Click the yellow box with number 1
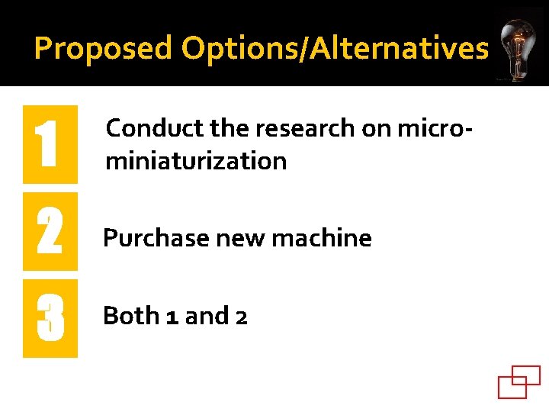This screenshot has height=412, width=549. [50, 144]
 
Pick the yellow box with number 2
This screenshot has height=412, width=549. [50, 232]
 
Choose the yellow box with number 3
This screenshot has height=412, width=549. [50, 318]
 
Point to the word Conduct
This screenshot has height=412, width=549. [145, 128]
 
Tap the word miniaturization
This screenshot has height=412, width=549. [197, 161]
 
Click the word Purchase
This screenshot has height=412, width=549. [156, 239]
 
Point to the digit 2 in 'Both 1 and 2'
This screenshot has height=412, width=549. [241, 317]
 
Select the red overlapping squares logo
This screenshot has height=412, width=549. [518, 381]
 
